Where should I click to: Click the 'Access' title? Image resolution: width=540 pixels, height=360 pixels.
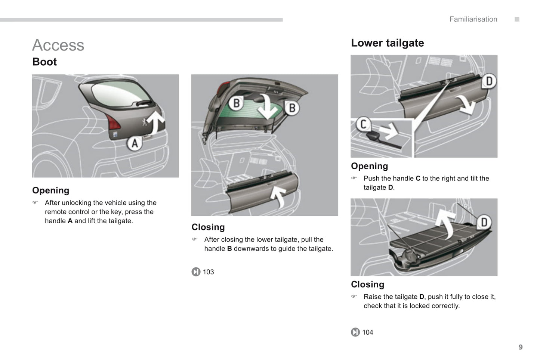click(x=58, y=45)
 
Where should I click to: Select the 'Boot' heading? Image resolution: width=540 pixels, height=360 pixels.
click(x=44, y=62)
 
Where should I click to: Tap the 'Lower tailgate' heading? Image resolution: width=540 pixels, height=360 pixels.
click(x=387, y=43)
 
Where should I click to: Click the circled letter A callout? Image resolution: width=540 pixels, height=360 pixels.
click(x=135, y=143)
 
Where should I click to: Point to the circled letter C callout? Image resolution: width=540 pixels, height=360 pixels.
click(x=363, y=124)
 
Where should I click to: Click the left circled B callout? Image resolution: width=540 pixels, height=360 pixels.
click(x=236, y=103)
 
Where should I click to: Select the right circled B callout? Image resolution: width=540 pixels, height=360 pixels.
click(x=292, y=108)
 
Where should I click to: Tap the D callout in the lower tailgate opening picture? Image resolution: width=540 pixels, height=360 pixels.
click(x=489, y=81)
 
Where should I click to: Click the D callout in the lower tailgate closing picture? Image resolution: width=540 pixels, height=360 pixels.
click(x=484, y=223)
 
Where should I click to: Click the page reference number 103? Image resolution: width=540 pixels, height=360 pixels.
click(x=208, y=272)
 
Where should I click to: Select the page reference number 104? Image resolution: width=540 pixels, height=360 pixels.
click(x=367, y=332)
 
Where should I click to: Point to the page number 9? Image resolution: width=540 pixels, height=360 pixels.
click(x=520, y=347)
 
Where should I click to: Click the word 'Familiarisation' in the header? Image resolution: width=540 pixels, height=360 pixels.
click(x=473, y=19)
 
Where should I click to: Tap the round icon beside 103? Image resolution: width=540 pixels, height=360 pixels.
click(x=196, y=272)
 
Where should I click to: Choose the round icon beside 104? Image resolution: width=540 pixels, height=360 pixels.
click(x=355, y=332)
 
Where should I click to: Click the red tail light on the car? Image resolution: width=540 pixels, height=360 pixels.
click(x=114, y=122)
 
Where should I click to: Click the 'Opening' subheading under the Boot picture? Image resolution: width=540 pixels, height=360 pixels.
click(x=51, y=190)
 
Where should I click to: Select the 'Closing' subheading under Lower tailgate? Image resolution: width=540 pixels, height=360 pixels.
click(x=367, y=285)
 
